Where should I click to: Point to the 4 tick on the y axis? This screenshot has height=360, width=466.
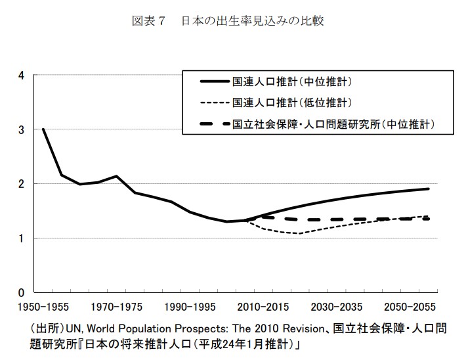coord(22,76)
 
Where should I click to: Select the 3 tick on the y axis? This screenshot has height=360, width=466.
coord(22,130)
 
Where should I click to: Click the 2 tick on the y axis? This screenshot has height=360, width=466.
coord(22,184)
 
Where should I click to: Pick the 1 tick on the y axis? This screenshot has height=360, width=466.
coord(22,238)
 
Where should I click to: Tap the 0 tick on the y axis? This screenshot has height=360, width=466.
coord(22,292)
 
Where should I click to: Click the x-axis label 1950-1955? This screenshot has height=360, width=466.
coord(43,307)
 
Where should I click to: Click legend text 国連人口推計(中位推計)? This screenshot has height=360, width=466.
coord(293,83)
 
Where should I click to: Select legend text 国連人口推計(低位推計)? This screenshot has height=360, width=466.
coord(293,102)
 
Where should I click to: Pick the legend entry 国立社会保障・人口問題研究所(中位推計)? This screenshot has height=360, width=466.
coord(334,123)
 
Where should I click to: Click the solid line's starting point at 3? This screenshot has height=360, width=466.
coord(43,129)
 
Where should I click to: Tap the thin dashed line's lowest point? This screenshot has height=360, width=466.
coord(299,233)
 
